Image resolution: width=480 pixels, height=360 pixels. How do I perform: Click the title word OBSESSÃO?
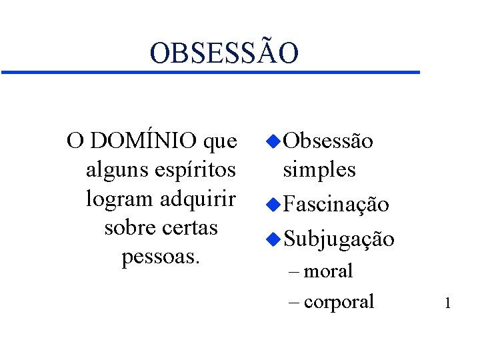point(224,53)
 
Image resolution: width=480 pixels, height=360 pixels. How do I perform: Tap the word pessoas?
point(161,256)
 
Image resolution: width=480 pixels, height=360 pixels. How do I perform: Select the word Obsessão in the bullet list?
point(328,141)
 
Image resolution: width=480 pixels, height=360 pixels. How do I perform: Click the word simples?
point(319,170)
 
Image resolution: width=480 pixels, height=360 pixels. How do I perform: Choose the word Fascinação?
point(335,205)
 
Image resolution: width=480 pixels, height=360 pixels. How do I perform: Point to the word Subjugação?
point(339,239)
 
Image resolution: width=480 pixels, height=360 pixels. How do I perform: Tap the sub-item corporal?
point(339,301)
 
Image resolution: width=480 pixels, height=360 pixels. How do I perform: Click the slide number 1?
point(448,304)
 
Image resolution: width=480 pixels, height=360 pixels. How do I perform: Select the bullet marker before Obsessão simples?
point(271,141)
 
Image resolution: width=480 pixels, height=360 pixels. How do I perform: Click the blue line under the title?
point(210,71)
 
